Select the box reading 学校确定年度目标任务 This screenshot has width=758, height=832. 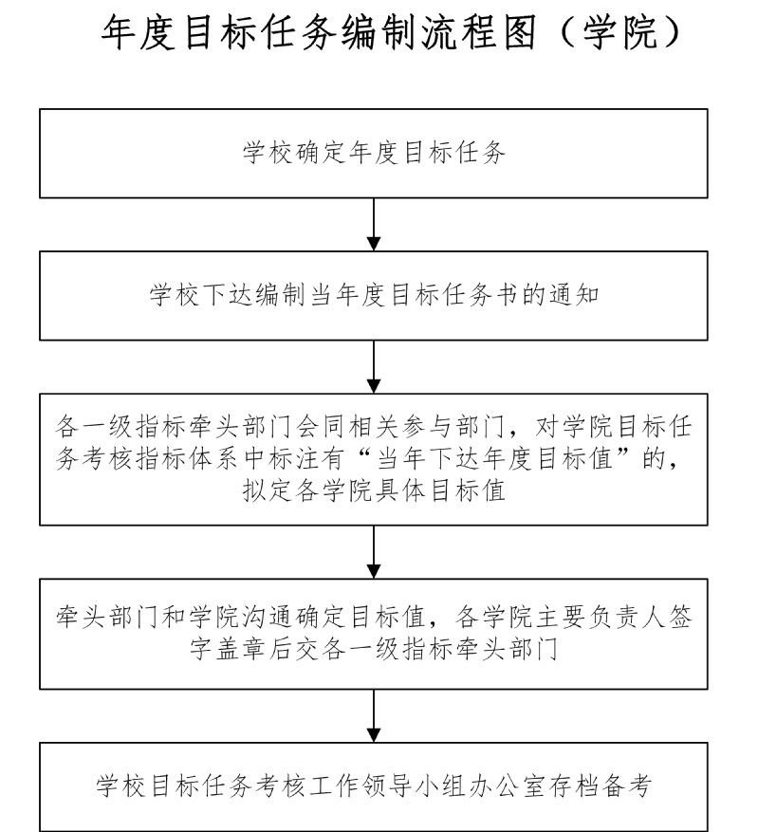click(373, 154)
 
